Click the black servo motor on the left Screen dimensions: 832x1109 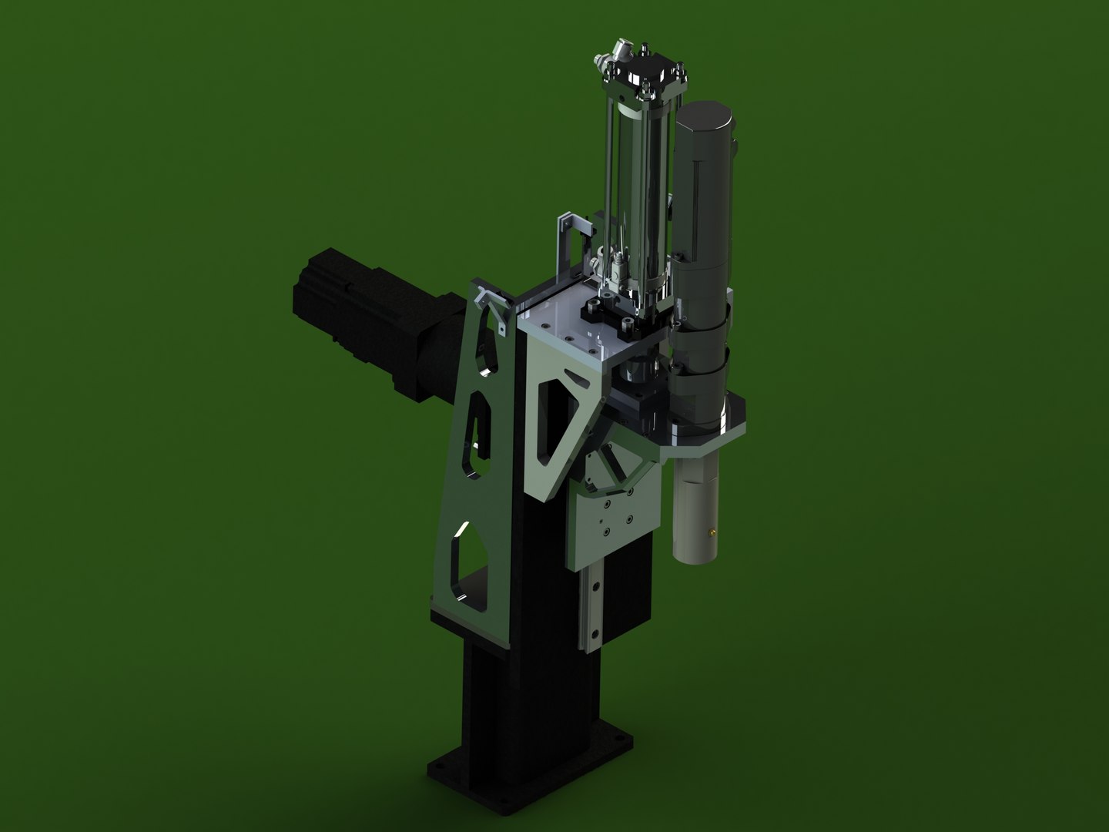(362, 324)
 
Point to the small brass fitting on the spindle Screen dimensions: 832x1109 (713, 531)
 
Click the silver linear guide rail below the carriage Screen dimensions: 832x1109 (593, 609)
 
